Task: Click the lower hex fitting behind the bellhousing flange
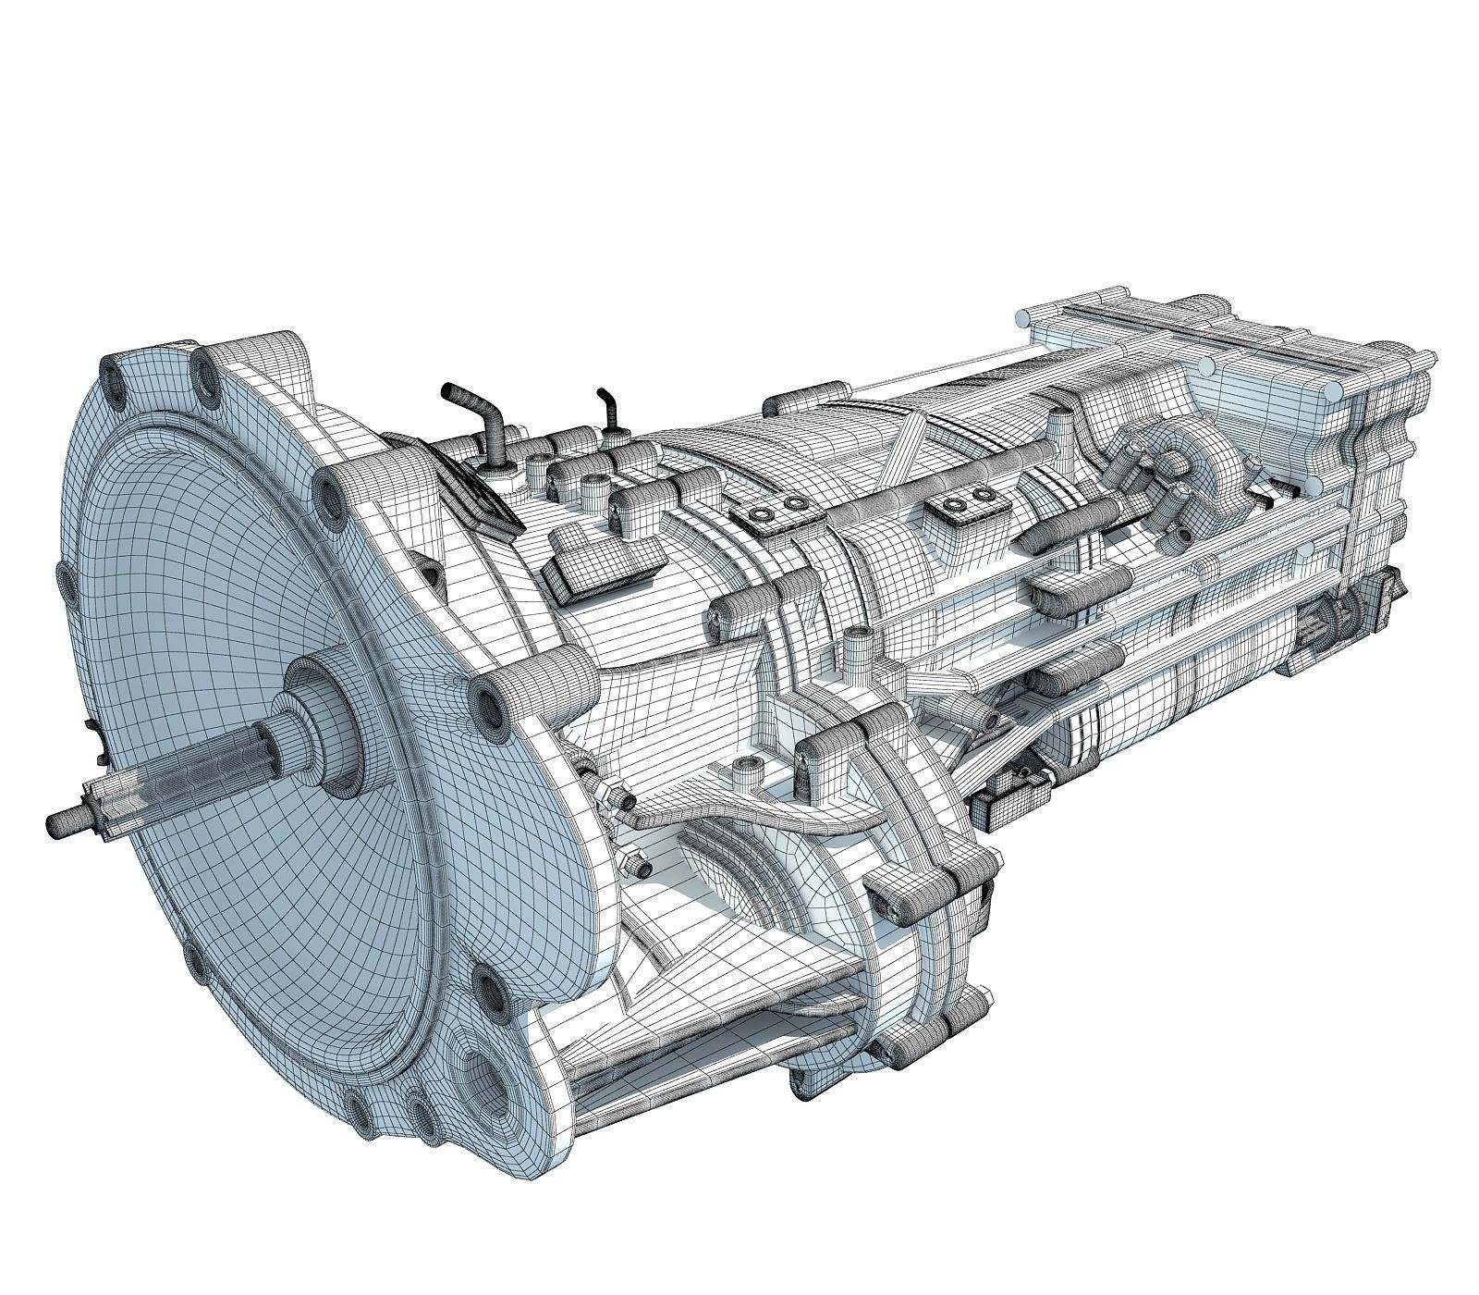[x=637, y=865]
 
